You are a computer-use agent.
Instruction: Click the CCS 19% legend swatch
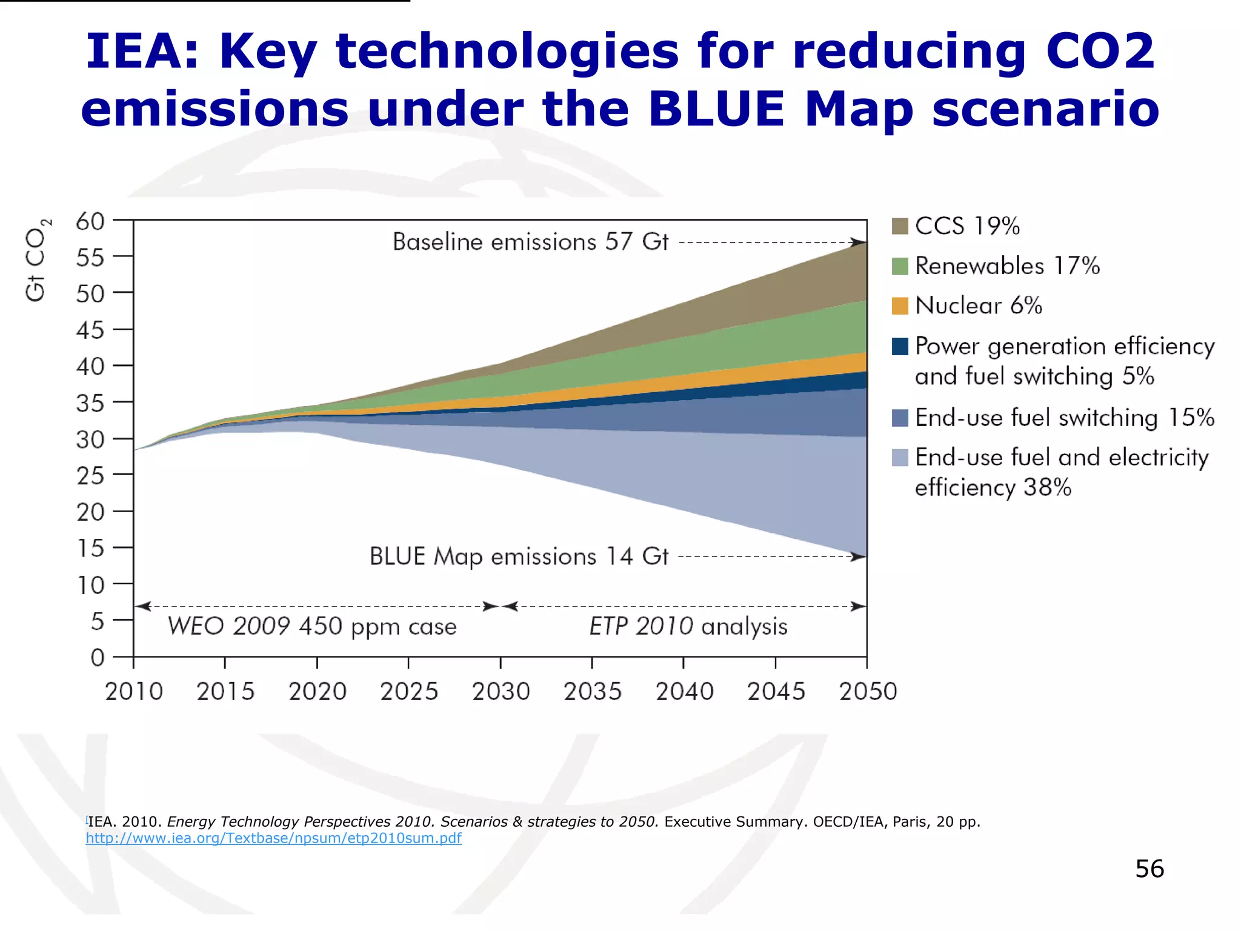(x=900, y=226)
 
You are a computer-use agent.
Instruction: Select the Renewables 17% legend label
(x=1007, y=266)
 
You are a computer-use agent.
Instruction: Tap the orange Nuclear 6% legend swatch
(x=900, y=306)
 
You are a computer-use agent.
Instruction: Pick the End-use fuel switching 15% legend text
(x=1064, y=418)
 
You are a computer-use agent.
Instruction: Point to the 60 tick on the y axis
(x=90, y=222)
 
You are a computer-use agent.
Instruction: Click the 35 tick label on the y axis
(x=90, y=403)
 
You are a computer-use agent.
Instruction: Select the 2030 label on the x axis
(x=501, y=692)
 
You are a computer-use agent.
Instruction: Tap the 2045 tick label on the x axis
(x=776, y=692)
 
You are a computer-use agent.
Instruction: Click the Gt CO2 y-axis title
(x=37, y=259)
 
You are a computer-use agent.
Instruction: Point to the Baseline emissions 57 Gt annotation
(x=530, y=242)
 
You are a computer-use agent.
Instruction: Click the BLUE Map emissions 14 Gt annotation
(x=519, y=556)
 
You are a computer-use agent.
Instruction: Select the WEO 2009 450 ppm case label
(x=312, y=626)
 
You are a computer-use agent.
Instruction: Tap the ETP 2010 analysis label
(x=688, y=626)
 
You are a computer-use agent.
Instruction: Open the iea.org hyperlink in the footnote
(x=273, y=838)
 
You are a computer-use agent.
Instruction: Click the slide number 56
(x=1150, y=869)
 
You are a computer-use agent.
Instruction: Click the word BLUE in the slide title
(x=717, y=109)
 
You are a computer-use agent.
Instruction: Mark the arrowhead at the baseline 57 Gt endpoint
(x=859, y=242)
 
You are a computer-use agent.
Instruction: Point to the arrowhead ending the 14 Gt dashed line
(x=859, y=556)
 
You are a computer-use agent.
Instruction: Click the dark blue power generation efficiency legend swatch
(x=900, y=347)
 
